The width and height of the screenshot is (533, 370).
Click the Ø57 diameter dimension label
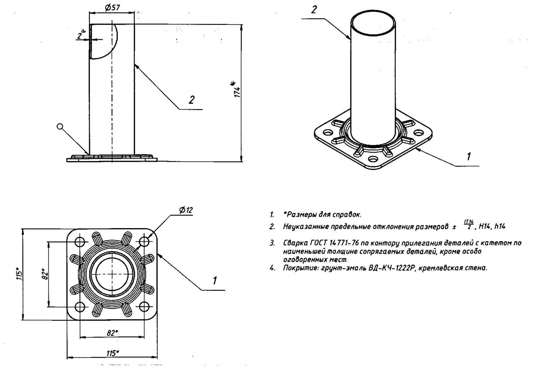(x=112, y=8)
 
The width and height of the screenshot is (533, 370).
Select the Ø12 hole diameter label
(x=186, y=210)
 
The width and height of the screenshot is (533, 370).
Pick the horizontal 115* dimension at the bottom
(x=112, y=353)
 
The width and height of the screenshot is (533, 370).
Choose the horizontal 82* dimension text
(x=112, y=333)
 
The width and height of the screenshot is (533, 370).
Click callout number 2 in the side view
(x=191, y=100)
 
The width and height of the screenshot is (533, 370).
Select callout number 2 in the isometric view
(x=314, y=10)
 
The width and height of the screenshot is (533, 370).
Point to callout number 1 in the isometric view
(x=469, y=156)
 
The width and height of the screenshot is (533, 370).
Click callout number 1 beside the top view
(x=215, y=281)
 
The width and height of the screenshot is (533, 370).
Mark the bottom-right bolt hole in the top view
(x=144, y=307)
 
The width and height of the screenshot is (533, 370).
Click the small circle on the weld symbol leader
(x=60, y=126)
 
